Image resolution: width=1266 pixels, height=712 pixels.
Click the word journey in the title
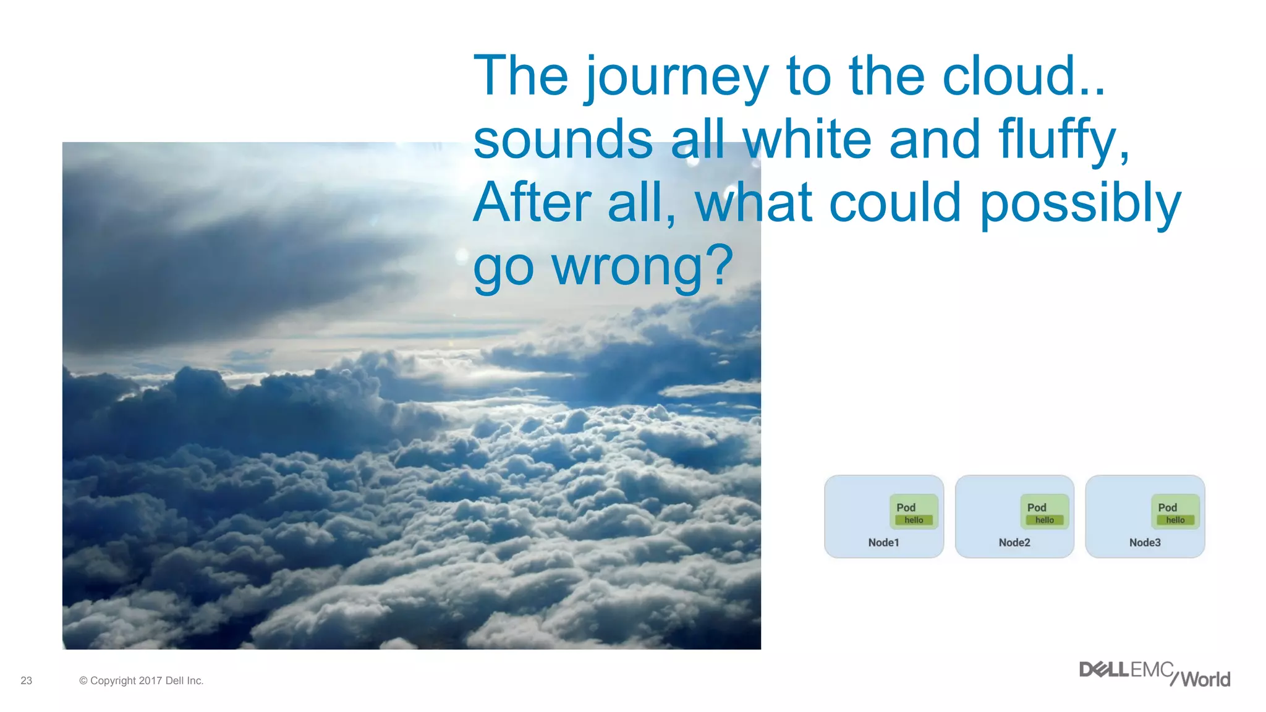[x=677, y=77]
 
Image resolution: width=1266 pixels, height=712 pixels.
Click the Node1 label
[x=883, y=543]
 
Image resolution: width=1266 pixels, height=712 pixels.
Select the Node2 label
[x=1014, y=543]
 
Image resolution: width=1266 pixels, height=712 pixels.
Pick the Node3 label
[x=1145, y=543]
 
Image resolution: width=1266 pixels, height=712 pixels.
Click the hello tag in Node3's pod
[x=1175, y=520]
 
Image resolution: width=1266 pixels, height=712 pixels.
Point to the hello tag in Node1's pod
[x=914, y=520]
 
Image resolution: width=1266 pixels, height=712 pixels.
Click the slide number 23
[x=26, y=680]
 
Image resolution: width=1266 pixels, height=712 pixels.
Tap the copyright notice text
[x=141, y=680]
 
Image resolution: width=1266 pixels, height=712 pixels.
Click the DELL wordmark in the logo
[x=1104, y=670]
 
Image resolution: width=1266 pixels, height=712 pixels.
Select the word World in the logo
[x=1205, y=680]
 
